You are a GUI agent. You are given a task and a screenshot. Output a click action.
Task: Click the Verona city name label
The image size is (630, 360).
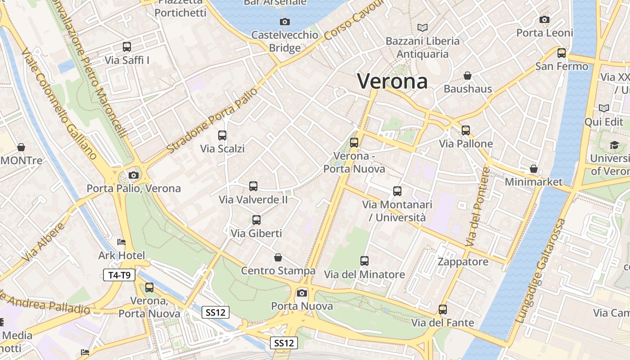[392, 81]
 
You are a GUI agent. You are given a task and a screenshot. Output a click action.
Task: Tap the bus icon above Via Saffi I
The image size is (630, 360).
[127, 46]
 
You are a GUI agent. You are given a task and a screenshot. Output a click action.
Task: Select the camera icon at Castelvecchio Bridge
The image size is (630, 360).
[284, 22]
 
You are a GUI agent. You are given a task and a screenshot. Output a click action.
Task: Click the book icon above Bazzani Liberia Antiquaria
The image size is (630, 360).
[422, 27]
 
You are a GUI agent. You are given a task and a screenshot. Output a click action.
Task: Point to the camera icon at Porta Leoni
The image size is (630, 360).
[544, 19]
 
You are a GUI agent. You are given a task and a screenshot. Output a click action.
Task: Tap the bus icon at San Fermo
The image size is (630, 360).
[562, 53]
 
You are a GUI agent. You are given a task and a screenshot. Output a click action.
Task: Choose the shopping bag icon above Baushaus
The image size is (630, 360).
[468, 76]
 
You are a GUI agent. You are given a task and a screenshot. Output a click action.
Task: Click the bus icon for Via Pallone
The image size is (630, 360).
[466, 130]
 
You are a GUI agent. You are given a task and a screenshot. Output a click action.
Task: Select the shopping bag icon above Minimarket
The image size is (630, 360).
[533, 169]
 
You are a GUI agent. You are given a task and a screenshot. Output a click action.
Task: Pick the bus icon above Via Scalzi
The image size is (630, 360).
[222, 135]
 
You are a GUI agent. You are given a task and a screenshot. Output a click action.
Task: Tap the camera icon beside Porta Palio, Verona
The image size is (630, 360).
[134, 175]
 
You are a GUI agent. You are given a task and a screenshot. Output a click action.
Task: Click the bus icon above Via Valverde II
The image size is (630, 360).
[253, 186]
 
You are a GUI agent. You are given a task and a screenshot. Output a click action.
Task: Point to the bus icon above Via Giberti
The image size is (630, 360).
[256, 220]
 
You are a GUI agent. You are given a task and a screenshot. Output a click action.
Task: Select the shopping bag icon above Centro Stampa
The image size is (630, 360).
[278, 257]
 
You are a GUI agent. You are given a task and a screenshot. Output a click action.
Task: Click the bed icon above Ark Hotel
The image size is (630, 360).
[121, 242]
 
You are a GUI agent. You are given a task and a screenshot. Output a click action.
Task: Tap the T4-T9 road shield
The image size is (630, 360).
[119, 275]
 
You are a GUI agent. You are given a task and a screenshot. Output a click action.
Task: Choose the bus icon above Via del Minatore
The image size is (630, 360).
[364, 261]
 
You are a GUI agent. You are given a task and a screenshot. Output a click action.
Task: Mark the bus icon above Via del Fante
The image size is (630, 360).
[443, 310]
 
